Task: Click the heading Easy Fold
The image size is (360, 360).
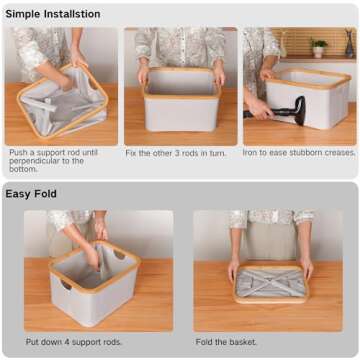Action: tap(31, 193)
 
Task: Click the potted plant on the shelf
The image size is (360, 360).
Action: tap(319, 47)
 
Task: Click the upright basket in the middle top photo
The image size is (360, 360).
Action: tap(181, 96)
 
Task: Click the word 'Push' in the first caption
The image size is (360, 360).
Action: tap(20, 153)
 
